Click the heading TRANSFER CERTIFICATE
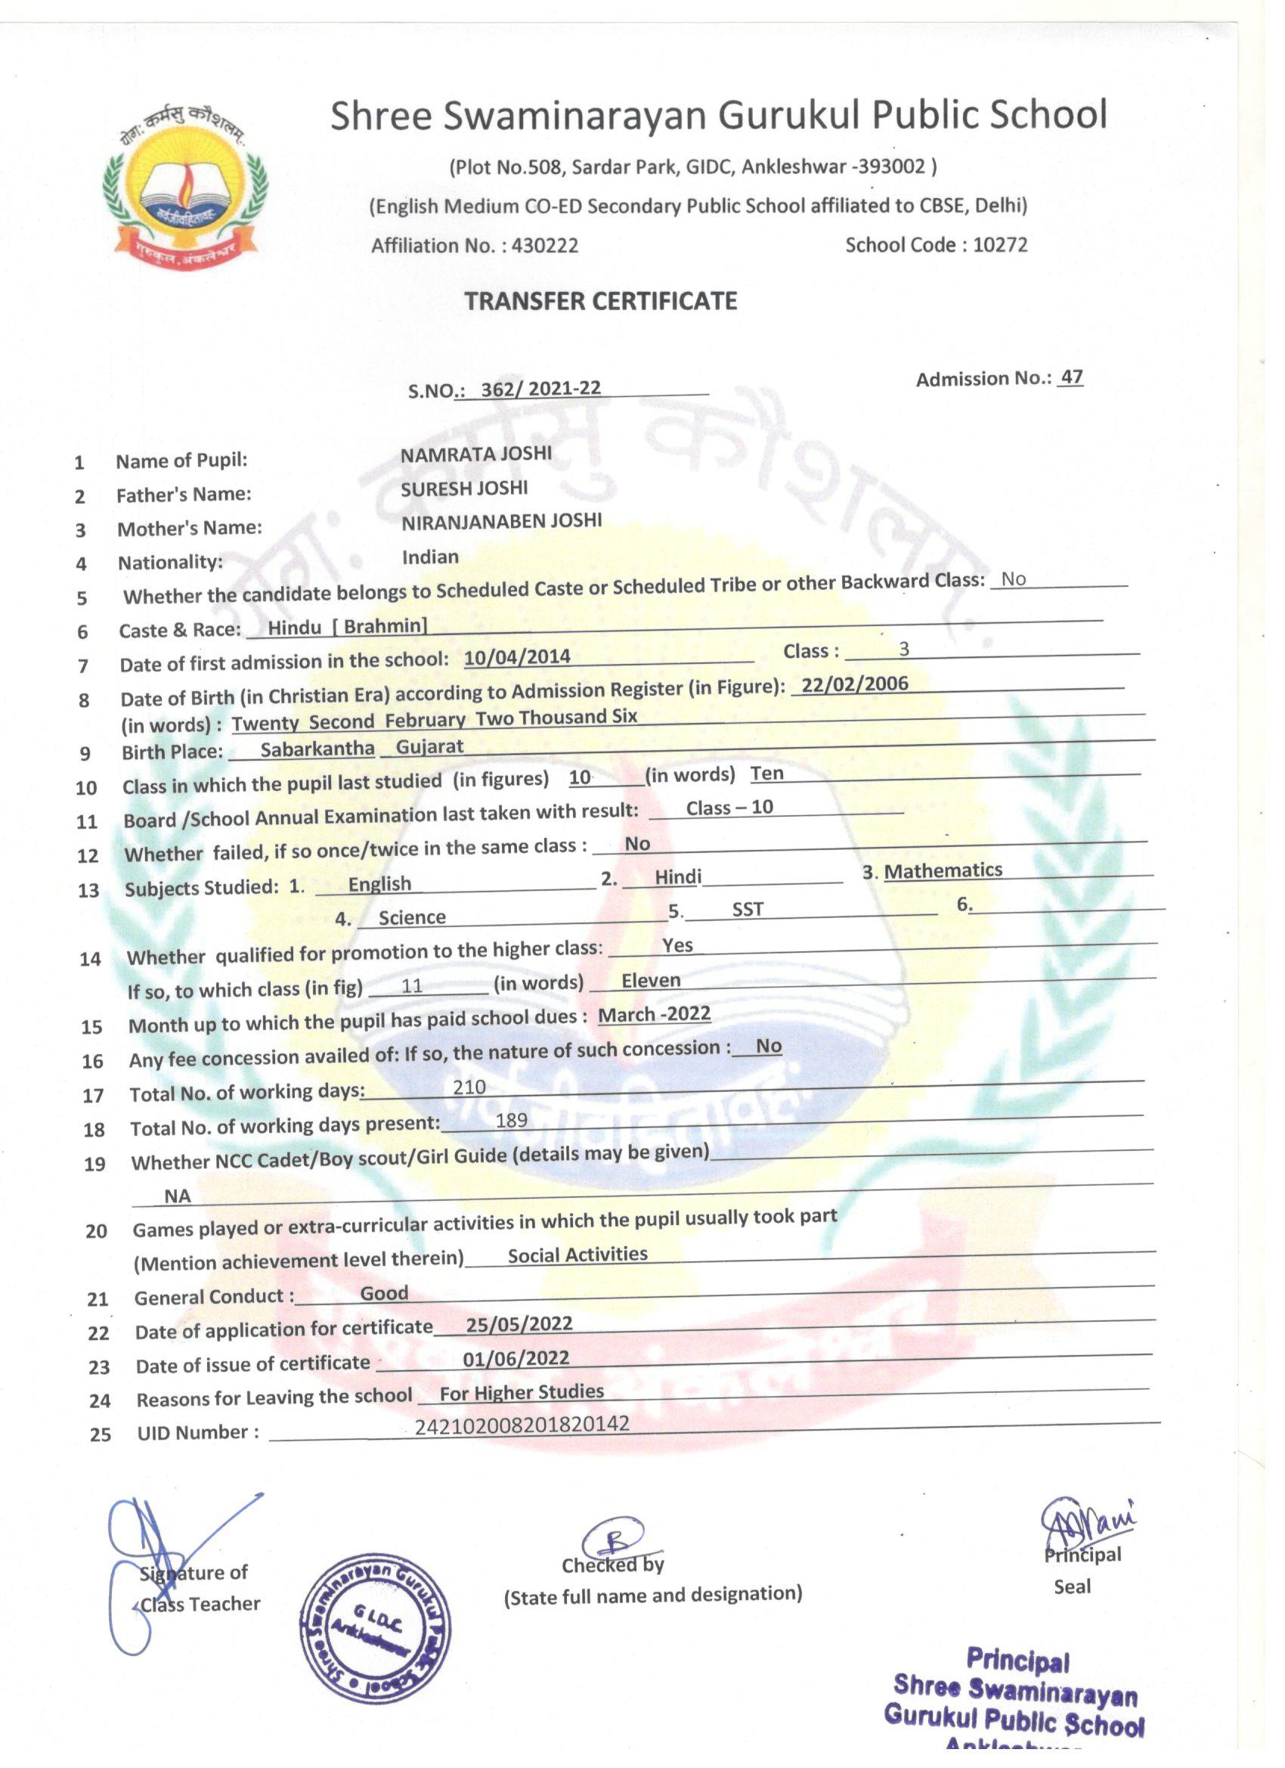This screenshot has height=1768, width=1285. point(601,301)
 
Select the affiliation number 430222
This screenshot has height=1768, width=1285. point(545,246)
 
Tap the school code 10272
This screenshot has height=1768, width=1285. point(1000,245)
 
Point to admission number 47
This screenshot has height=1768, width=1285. point(1072,377)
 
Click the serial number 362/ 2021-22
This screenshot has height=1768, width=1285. point(540,388)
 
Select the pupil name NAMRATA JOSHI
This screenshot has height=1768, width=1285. point(476,454)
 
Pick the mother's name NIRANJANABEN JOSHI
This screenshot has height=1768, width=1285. point(501,522)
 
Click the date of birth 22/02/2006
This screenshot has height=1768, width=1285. point(855,684)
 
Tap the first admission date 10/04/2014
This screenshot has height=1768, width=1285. point(518,657)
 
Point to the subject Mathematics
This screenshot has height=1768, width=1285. point(943,870)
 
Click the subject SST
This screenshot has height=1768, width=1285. point(748,909)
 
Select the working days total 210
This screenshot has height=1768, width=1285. point(469,1087)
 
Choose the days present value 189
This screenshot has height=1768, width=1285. point(512,1120)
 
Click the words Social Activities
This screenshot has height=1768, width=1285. point(577,1255)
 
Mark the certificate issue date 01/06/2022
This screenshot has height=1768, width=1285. point(516,1358)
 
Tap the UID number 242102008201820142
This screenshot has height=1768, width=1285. point(522,1425)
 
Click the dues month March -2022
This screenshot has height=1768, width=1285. point(654,1014)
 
